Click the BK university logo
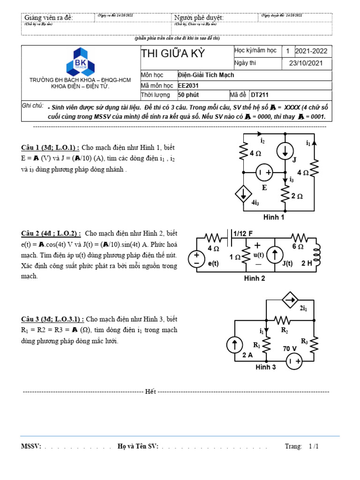(x=80, y=61)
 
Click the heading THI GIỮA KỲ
(x=173, y=53)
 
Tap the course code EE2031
(x=189, y=86)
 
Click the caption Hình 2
(x=255, y=278)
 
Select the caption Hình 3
(x=265, y=367)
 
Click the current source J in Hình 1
(x=285, y=150)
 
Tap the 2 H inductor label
(x=307, y=263)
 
